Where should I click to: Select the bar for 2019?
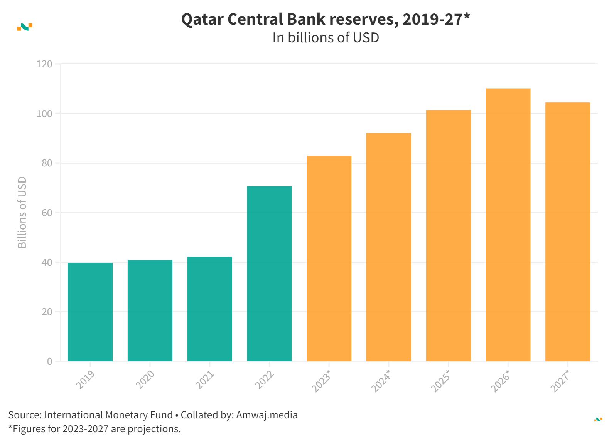pos(90,312)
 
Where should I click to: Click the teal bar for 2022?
pos(269,274)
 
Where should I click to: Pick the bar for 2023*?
pos(329,258)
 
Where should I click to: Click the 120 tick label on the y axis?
pos(44,64)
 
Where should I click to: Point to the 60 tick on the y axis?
pos(47,213)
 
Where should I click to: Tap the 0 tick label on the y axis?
pos(50,362)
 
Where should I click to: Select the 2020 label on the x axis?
pos(145,379)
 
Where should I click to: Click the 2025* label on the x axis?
pos(440,381)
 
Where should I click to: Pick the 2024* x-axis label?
pos(381,381)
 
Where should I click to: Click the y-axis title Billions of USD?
pos(22,212)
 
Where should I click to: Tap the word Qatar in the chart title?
pos(202,19)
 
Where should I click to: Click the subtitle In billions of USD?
pos(326,38)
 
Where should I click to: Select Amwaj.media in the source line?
pos(267,415)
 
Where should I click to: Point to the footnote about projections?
pos(94,429)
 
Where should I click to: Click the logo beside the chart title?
pos(25,27)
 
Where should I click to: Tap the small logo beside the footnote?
pos(598,420)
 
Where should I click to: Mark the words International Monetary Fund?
pos(108,415)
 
